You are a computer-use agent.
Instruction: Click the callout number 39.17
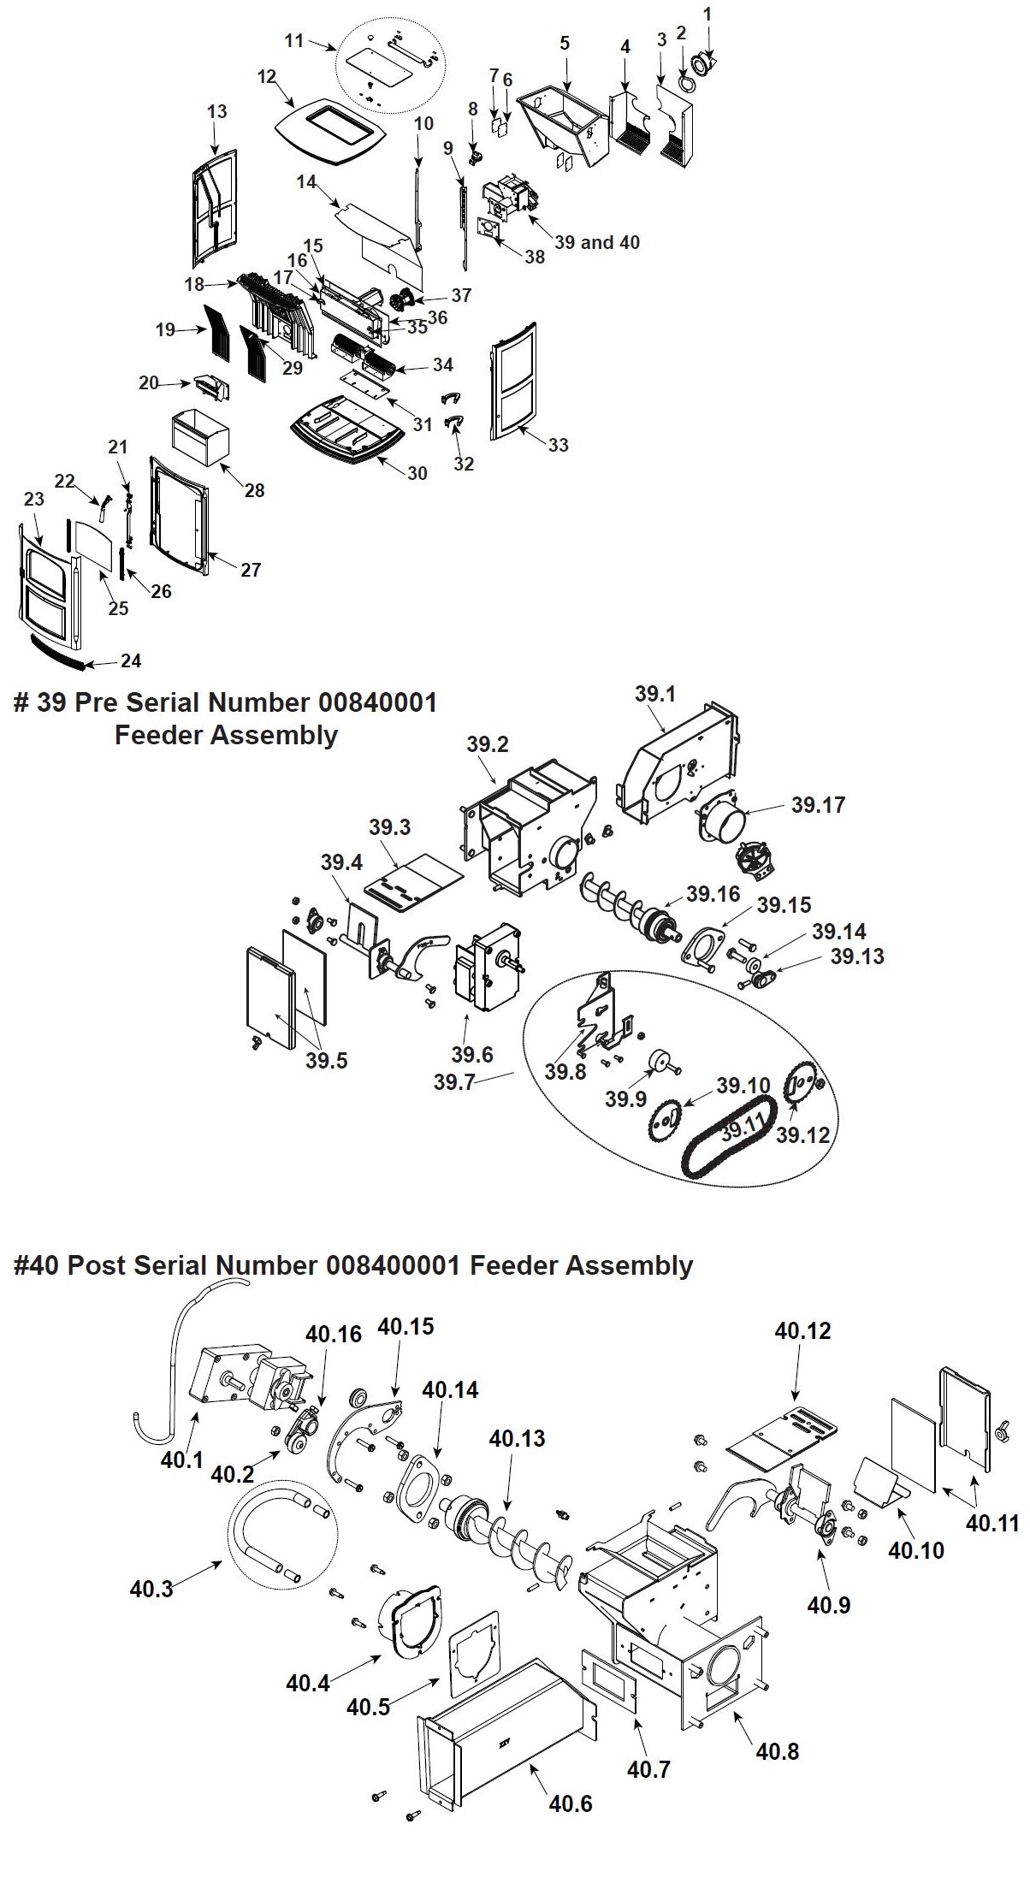[818, 804]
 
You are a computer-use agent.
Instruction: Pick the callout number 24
[131, 660]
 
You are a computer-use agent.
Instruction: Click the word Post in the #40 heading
[96, 1265]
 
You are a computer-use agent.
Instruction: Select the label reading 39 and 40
[597, 242]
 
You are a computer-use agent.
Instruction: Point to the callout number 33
[559, 445]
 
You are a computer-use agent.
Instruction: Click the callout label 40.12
[802, 1331]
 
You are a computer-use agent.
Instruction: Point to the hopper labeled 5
[565, 121]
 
